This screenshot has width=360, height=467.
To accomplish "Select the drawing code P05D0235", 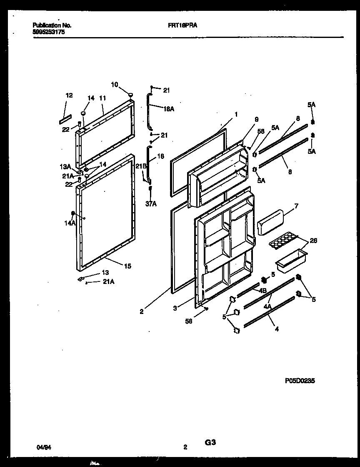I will tap(300, 380).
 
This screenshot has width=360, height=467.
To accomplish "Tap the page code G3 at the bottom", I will tap(210, 442).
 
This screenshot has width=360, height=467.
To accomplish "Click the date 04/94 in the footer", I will tap(42, 447).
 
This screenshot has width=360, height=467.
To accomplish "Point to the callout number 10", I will tap(115, 85).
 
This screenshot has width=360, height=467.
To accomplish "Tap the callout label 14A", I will tap(70, 223).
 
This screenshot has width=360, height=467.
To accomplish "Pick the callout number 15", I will tap(127, 266).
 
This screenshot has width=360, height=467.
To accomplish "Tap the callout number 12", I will tap(69, 95).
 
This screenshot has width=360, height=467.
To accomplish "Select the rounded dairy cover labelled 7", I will tap(270, 222).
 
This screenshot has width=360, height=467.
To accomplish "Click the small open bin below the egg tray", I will tap(291, 261).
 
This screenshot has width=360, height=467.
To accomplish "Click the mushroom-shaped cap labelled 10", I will tap(131, 95).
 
